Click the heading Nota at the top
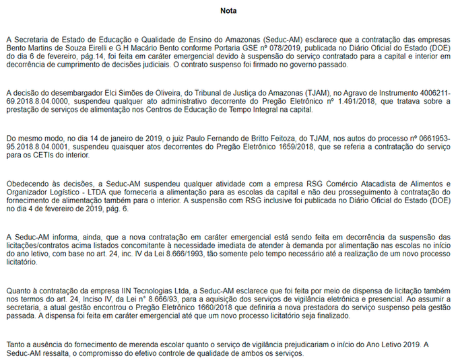point(228,11)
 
